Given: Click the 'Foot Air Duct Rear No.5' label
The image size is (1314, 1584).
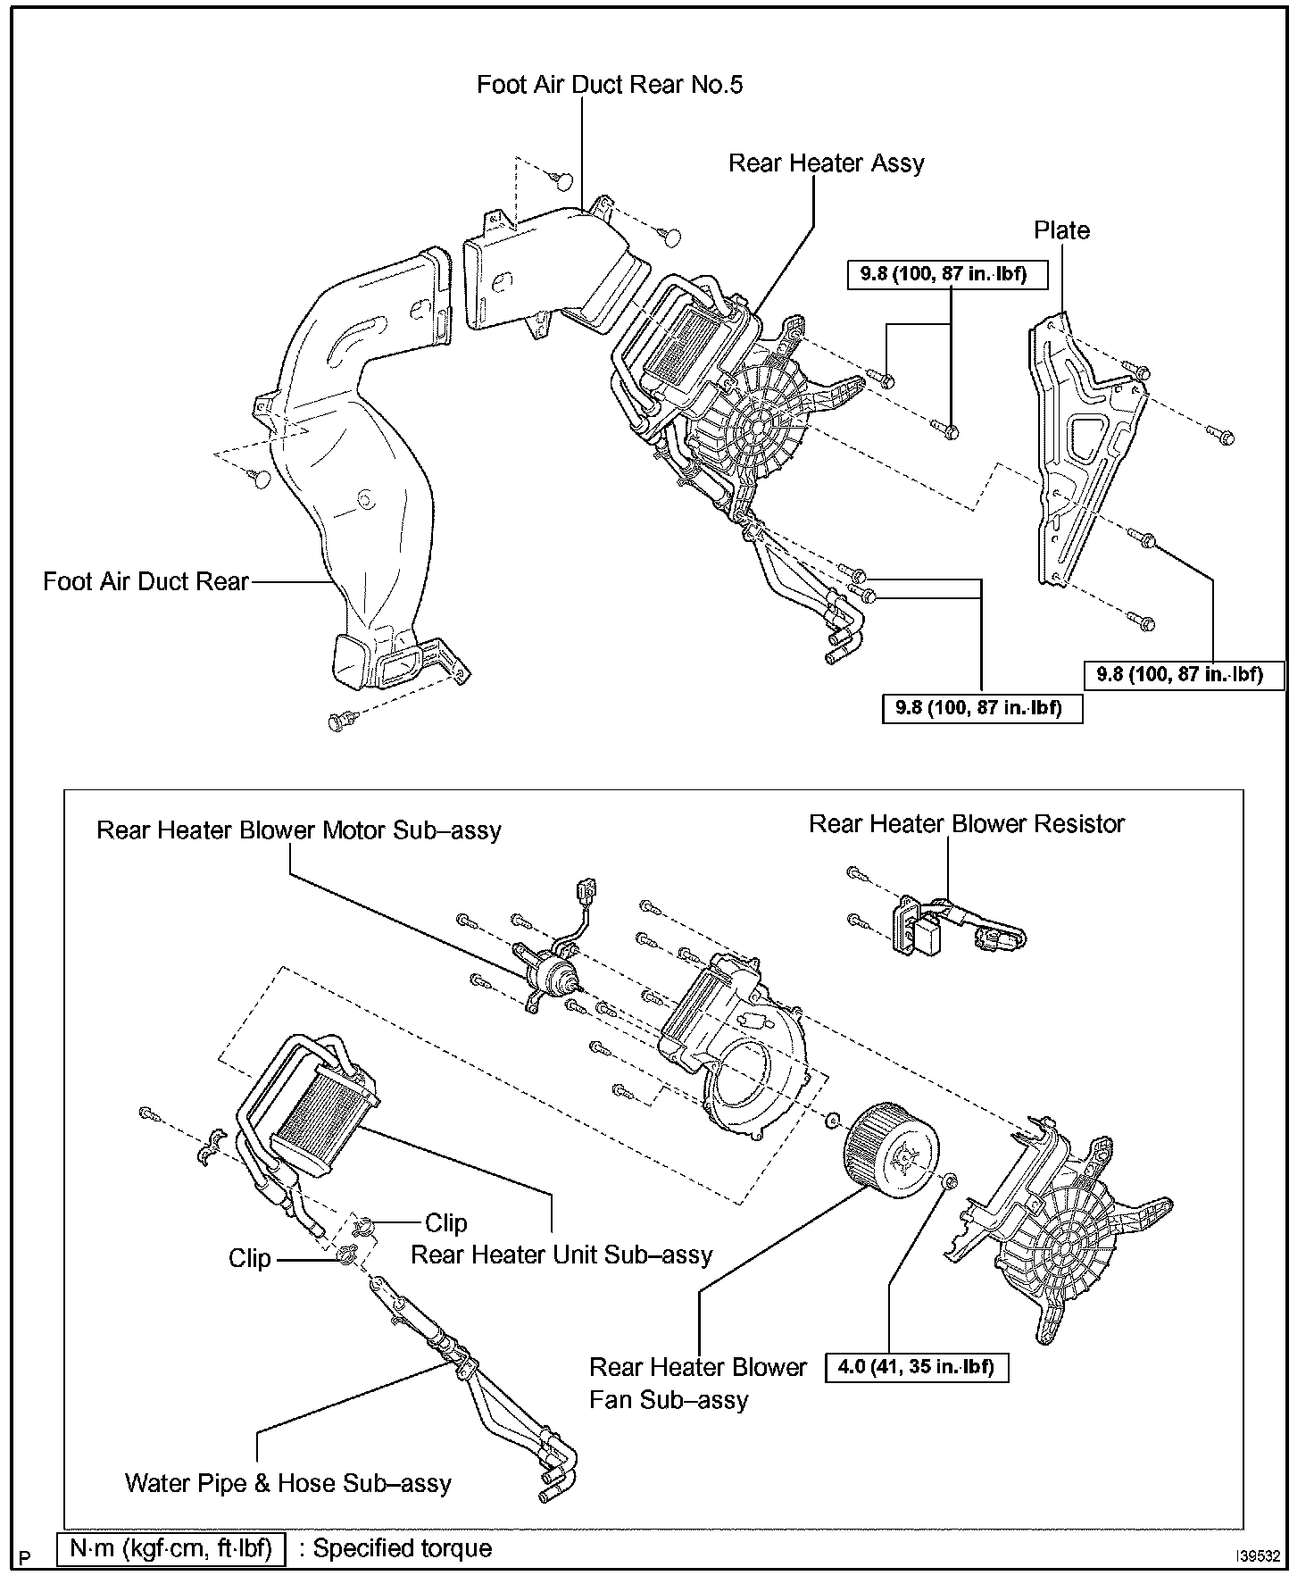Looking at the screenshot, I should [609, 85].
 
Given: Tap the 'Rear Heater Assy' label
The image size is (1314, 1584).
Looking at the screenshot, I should [826, 163].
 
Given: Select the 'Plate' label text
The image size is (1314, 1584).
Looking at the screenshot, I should [1061, 230].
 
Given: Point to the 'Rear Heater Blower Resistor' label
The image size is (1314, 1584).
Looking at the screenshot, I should [966, 823].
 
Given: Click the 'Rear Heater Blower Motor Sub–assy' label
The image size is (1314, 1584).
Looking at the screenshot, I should [298, 830].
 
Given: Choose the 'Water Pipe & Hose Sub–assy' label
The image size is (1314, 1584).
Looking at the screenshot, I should [288, 1483].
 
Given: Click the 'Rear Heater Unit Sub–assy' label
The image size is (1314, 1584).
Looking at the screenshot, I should [561, 1255].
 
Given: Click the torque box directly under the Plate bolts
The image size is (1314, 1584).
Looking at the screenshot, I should [1185, 674].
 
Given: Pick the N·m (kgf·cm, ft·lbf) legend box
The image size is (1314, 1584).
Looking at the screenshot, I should [170, 1547].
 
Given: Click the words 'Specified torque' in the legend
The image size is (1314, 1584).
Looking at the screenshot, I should [402, 1547].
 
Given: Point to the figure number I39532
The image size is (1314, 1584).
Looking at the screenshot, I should [1258, 1555].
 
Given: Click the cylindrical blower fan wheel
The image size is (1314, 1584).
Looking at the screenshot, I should [891, 1149].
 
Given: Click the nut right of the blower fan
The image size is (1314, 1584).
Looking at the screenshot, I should [950, 1181].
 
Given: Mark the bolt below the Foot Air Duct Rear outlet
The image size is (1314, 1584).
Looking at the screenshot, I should [339, 720].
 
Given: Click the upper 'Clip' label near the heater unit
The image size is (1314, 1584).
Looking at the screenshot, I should [445, 1222].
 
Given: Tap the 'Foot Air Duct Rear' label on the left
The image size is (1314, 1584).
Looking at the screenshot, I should [146, 582].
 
